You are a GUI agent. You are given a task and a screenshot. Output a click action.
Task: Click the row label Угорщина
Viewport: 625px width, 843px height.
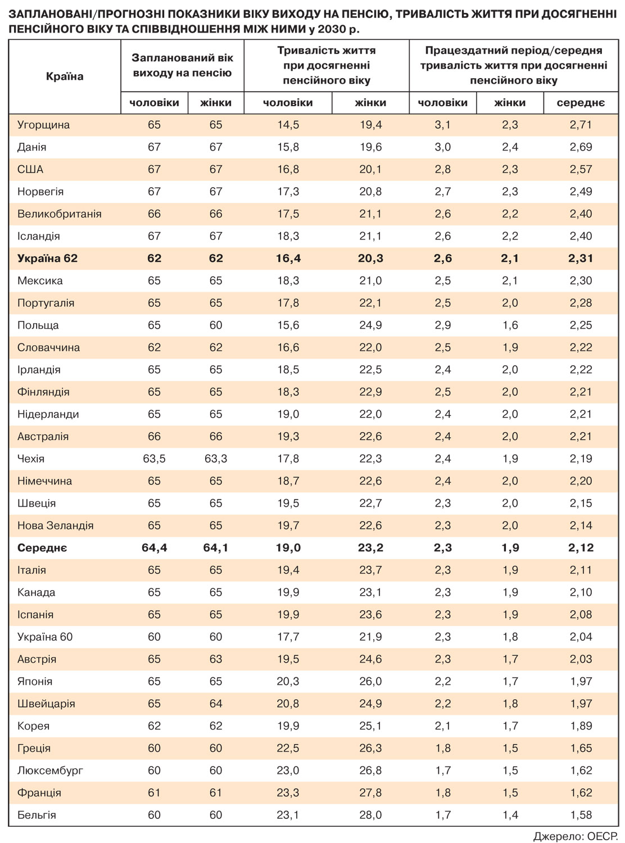click(43, 125)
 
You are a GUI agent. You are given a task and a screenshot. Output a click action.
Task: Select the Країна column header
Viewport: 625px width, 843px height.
click(65, 76)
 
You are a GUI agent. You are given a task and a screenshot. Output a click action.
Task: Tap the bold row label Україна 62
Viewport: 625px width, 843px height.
click(47, 259)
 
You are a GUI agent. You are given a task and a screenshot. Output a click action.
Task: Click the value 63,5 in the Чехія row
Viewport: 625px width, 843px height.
click(154, 459)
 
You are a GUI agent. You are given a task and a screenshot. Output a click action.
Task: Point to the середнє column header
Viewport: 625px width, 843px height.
click(581, 102)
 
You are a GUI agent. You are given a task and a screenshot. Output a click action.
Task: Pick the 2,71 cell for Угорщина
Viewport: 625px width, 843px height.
click(581, 125)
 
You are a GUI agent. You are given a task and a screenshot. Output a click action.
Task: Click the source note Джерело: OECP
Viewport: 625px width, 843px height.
click(576, 835)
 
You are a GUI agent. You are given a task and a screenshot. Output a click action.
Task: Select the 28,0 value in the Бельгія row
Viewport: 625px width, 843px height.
click(370, 815)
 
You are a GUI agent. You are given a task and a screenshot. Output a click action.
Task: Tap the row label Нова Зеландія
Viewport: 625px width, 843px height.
click(55, 525)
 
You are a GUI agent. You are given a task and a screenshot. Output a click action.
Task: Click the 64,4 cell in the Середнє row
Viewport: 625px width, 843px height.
click(154, 548)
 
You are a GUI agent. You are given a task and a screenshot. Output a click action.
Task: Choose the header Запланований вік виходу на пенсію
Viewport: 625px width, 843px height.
click(182, 65)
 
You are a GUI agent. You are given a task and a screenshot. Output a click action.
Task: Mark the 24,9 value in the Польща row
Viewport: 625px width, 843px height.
click(370, 325)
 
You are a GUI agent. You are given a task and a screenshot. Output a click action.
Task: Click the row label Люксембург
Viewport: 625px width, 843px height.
click(50, 771)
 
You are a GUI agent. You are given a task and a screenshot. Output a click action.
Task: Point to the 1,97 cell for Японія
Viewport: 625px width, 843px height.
click(581, 681)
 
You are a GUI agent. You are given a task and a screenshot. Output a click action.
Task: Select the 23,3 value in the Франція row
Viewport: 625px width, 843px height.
click(288, 792)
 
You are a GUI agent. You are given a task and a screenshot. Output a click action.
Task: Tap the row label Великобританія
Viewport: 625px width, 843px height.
click(59, 214)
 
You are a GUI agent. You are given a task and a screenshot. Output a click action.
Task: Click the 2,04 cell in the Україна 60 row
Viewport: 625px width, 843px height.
click(581, 637)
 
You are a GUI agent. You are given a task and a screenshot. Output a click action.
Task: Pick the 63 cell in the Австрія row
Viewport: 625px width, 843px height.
click(216, 659)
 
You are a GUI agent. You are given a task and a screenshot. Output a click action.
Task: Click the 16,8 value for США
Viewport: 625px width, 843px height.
click(288, 169)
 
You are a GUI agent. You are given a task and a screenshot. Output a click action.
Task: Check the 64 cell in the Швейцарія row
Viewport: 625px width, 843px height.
click(216, 704)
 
